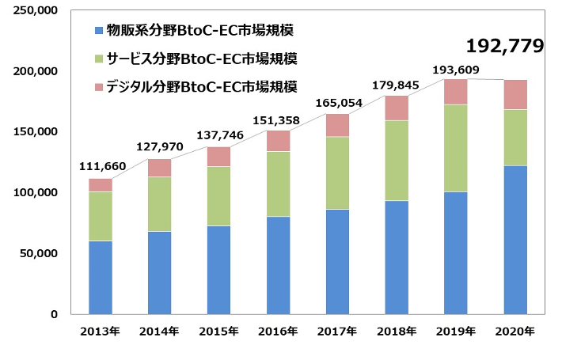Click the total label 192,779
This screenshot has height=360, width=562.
tap(505, 46)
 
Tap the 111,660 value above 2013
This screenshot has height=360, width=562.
tap(101, 168)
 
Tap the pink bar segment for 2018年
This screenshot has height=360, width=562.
tap(397, 108)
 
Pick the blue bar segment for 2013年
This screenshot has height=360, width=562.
tap(100, 277)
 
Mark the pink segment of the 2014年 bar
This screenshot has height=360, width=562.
tap(159, 168)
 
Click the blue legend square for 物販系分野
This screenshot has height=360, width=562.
tap(98, 31)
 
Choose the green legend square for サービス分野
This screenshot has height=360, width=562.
tap(98, 59)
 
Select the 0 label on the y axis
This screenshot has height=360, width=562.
tap(54, 314)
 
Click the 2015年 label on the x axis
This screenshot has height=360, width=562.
tap(218, 330)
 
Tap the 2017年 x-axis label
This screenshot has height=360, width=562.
tap(337, 330)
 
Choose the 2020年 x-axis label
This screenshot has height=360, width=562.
tap(515, 330)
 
